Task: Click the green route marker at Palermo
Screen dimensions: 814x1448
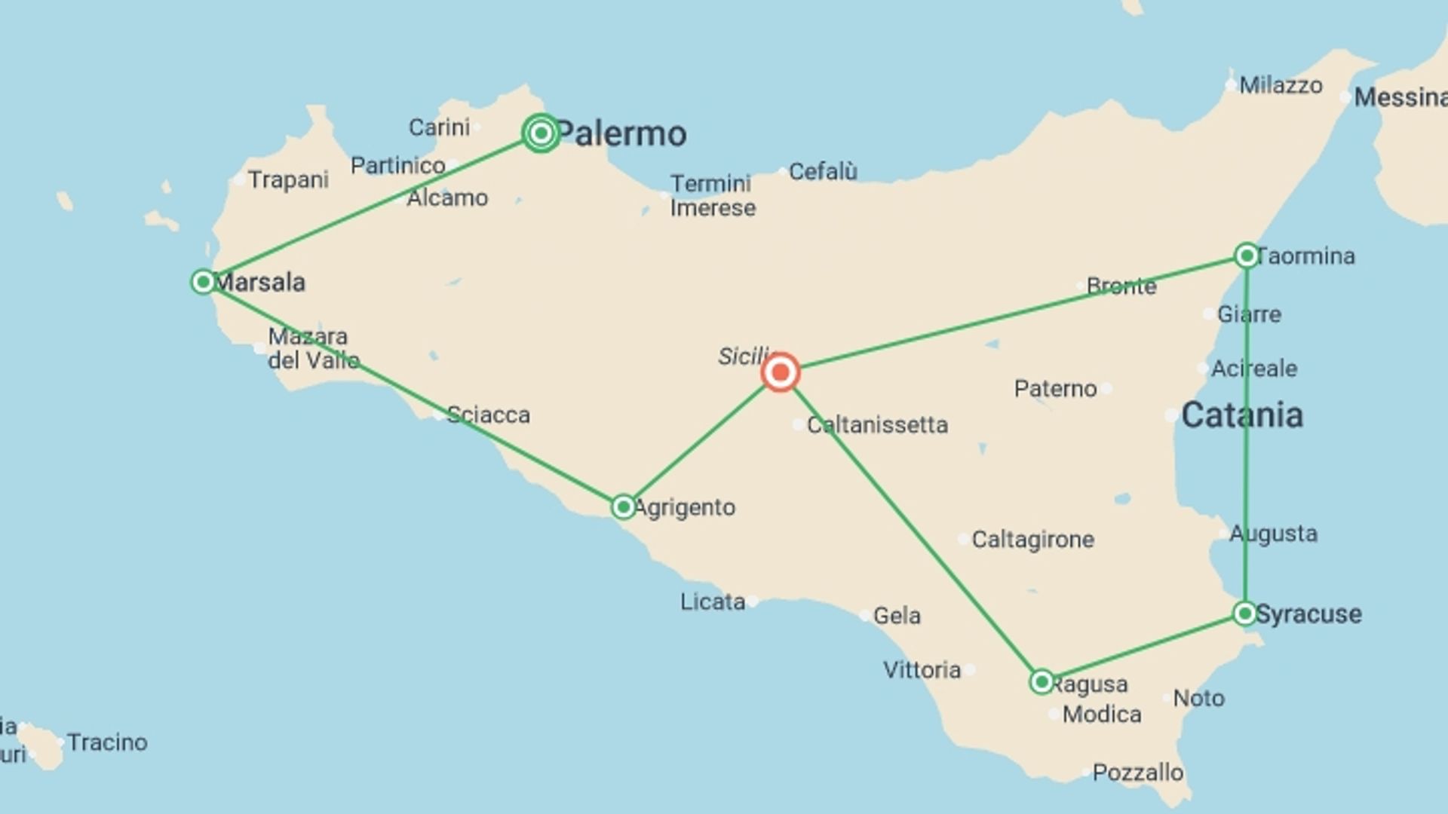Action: [x=541, y=133]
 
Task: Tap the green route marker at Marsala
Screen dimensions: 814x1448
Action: [x=203, y=282]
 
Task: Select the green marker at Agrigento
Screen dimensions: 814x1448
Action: [x=623, y=506]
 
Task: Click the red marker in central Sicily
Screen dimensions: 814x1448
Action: [x=780, y=372]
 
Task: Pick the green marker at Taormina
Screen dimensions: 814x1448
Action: [x=1247, y=256]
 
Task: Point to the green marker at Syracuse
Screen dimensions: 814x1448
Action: [x=1245, y=613]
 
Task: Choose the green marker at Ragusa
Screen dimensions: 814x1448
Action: [x=1042, y=681]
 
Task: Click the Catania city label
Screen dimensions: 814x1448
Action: [x=1242, y=415]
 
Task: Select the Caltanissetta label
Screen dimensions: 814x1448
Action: [x=877, y=425]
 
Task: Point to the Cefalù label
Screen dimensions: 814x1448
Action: [x=823, y=172]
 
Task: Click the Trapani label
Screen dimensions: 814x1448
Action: [x=288, y=180]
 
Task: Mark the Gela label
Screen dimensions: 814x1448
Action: [x=897, y=616]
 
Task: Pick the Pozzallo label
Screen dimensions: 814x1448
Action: [x=1137, y=773]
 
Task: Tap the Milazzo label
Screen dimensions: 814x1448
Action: [x=1281, y=85]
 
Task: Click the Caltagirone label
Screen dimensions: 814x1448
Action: [x=1032, y=540]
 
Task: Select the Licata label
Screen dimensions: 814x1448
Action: [x=713, y=601]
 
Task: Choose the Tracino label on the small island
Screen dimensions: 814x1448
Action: [x=107, y=742]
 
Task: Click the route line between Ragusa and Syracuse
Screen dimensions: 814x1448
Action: [x=1143, y=647]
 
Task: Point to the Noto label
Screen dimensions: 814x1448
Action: [x=1198, y=699]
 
